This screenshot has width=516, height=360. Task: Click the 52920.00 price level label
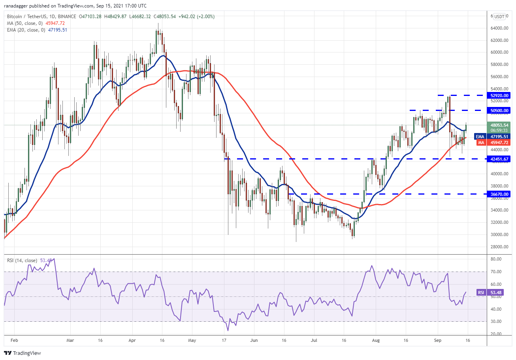499,95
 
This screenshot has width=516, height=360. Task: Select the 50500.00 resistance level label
499,111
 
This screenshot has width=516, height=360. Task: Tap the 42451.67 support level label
499,159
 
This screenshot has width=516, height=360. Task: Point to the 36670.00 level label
499,194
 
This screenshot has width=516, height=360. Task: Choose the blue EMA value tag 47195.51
499,137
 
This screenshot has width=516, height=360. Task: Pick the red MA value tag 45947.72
499,142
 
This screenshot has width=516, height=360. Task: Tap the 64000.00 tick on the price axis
499,28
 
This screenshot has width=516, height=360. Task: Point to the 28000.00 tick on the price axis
499,247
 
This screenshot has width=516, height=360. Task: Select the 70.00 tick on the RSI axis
496,272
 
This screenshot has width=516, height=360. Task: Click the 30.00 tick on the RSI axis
496,321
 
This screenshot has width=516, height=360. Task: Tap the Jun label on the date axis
254,340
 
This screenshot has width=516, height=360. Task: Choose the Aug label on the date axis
376,340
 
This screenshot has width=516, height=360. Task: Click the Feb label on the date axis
14,340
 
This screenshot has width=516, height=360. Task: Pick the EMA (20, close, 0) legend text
26,30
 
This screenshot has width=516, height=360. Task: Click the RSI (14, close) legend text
22,261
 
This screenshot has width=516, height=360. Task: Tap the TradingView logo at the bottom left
23,353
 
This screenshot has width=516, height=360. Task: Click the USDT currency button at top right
499,17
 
